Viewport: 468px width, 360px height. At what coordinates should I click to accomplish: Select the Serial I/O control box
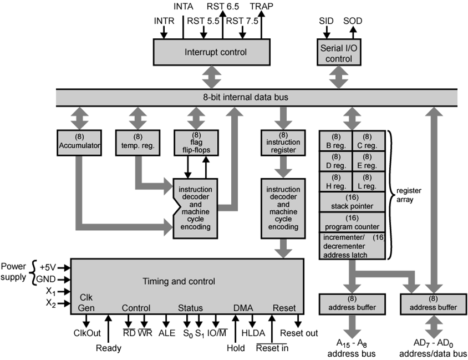coord(339,53)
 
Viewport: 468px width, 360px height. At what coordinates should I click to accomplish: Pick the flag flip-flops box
coord(196,143)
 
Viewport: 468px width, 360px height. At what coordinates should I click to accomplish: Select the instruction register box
coord(283,143)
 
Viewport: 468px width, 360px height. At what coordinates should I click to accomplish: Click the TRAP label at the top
coord(261,7)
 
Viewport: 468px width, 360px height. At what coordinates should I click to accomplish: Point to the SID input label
coord(327,21)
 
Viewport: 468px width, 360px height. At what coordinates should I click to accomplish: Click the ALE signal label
coord(167,333)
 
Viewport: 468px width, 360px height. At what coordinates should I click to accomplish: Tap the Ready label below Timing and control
coord(108,348)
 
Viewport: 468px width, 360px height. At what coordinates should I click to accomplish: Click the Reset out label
coord(299,333)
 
